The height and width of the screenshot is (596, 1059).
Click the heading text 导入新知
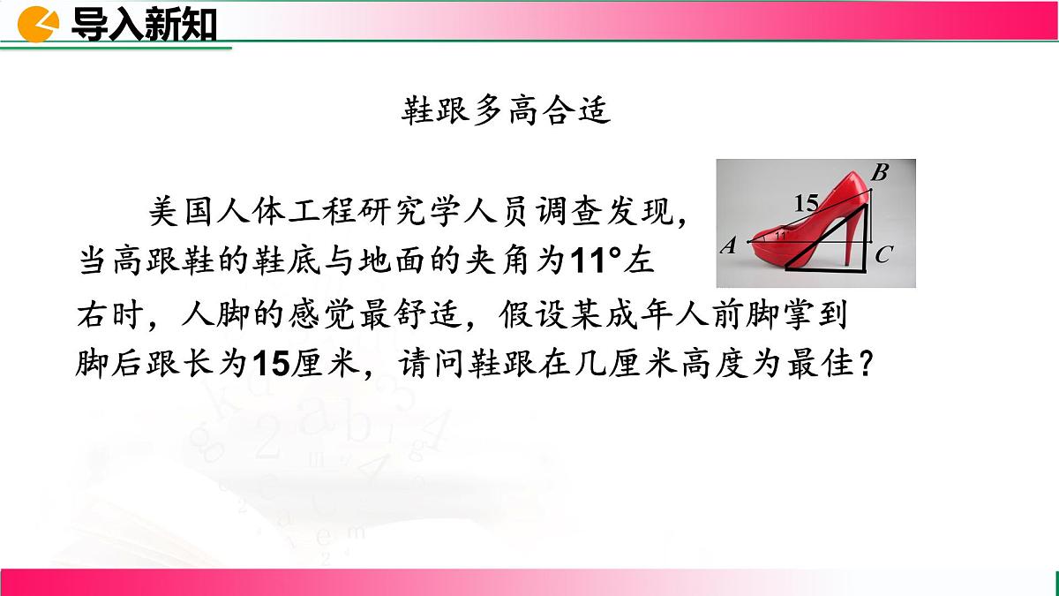[144, 25]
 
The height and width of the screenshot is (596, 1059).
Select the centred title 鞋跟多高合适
[507, 112]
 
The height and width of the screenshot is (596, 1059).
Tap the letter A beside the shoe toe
[729, 246]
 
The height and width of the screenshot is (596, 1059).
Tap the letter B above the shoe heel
[879, 172]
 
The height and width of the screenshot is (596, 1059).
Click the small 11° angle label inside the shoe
[779, 236]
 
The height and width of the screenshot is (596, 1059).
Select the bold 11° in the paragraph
[597, 261]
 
